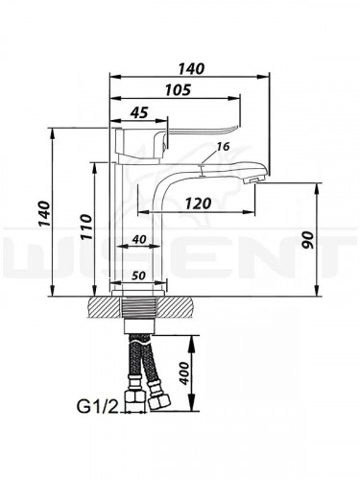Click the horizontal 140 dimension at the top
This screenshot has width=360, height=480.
[190, 69]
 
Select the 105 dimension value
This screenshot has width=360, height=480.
[173, 89]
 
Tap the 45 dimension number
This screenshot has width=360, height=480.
[138, 112]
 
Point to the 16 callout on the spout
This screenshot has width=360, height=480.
[224, 146]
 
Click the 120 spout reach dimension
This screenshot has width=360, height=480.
[199, 204]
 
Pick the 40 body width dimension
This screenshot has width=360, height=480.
[138, 239]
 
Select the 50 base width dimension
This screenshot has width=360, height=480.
[139, 276]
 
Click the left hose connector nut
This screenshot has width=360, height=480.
[129, 398]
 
